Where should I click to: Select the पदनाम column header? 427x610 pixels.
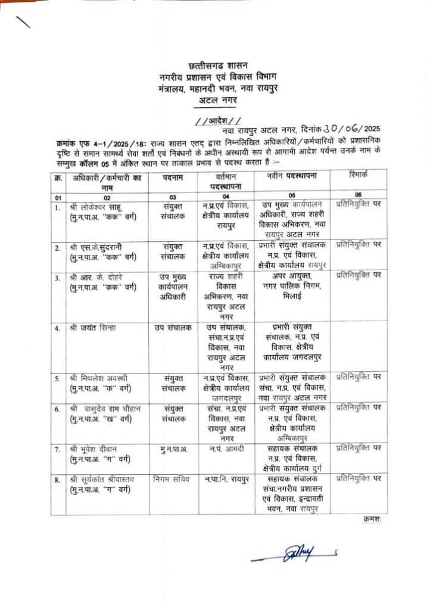tap(174, 178)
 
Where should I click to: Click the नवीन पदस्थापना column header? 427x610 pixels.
tap(291, 177)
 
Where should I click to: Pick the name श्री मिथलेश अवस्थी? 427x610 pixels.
tap(99, 377)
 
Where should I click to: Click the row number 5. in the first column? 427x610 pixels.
tap(57, 378)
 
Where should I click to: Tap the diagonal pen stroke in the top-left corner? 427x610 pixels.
tap(24, 22)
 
